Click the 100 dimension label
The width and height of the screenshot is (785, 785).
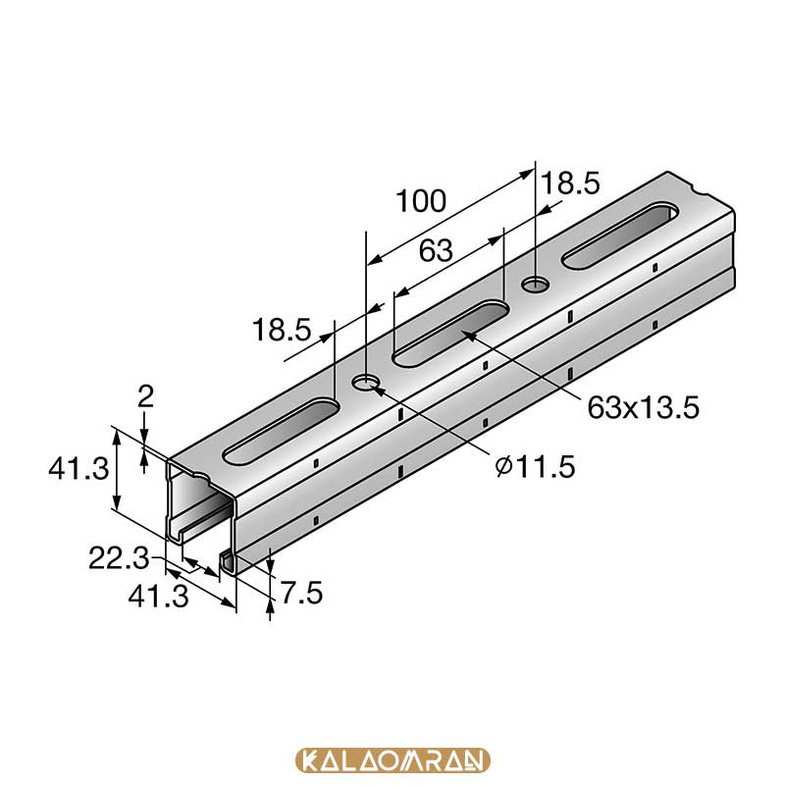click(421, 201)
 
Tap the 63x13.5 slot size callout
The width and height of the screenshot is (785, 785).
click(643, 407)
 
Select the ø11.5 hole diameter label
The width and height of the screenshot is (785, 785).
click(535, 467)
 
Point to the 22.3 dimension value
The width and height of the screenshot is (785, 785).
click(119, 557)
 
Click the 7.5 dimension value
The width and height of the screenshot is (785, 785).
click(301, 593)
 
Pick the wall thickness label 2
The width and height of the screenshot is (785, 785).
click(145, 396)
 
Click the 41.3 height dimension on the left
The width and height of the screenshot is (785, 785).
click(78, 469)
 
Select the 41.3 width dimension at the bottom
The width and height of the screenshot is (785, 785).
click(158, 597)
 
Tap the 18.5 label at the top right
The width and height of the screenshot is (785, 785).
click(571, 183)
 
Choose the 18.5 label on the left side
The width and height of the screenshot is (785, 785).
click(282, 330)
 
